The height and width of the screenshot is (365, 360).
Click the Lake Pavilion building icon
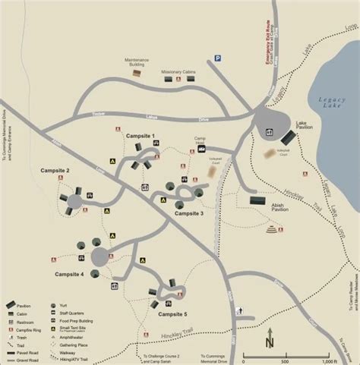tap(289, 137)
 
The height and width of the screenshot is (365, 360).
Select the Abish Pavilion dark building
tap(257, 201)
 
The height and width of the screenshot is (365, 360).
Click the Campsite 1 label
tap(141, 136)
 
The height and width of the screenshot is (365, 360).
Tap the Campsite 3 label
tap(189, 213)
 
